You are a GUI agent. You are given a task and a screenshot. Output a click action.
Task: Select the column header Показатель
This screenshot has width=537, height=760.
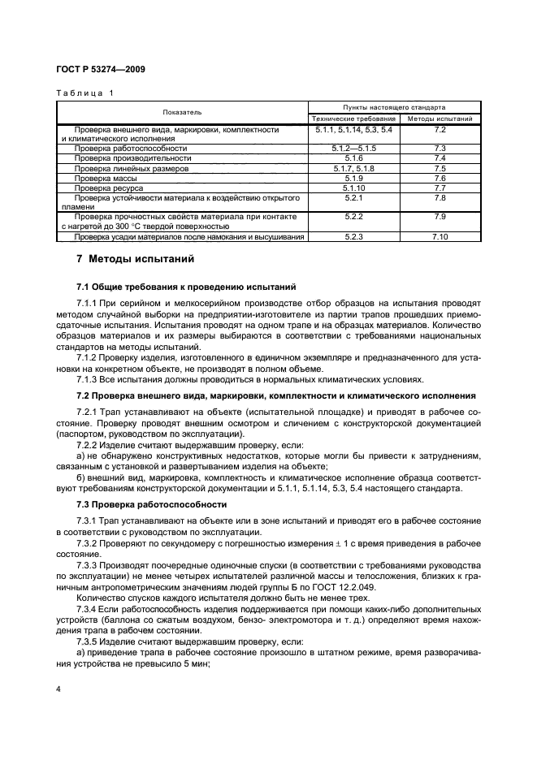181,112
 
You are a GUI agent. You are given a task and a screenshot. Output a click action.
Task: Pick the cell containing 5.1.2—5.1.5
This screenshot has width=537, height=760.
353,149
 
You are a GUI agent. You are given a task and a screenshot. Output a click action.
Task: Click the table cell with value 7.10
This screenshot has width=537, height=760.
440,237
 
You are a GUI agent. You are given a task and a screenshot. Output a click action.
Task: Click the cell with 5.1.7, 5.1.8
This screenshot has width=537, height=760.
353,168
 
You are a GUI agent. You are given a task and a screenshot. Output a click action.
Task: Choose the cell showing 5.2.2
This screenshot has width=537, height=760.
353,217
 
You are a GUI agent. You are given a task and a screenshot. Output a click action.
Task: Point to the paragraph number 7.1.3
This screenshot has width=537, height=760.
87,378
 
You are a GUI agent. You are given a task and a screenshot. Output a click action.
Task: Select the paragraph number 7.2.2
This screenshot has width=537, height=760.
87,446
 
